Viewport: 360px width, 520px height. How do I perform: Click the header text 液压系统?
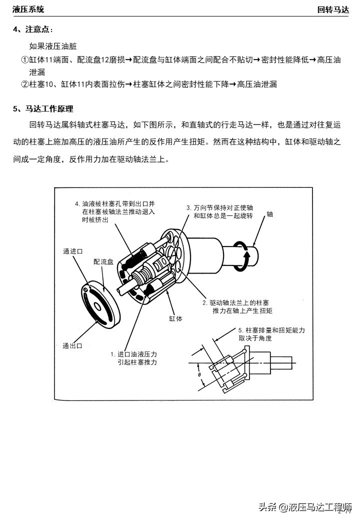click(28, 9)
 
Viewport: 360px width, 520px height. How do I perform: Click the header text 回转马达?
click(332, 9)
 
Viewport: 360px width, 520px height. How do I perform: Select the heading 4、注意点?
click(32, 29)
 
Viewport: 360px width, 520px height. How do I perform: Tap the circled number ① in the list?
click(24, 60)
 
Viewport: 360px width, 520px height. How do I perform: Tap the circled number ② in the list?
click(24, 84)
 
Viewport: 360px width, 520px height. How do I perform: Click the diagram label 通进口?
click(72, 251)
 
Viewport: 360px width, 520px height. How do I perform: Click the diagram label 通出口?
click(72, 345)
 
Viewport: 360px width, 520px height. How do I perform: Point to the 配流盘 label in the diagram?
click(103, 261)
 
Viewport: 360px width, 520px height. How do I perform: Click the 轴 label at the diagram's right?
click(269, 214)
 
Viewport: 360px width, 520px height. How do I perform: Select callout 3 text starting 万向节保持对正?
click(219, 211)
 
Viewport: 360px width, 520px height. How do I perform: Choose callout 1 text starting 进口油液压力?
click(133, 358)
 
